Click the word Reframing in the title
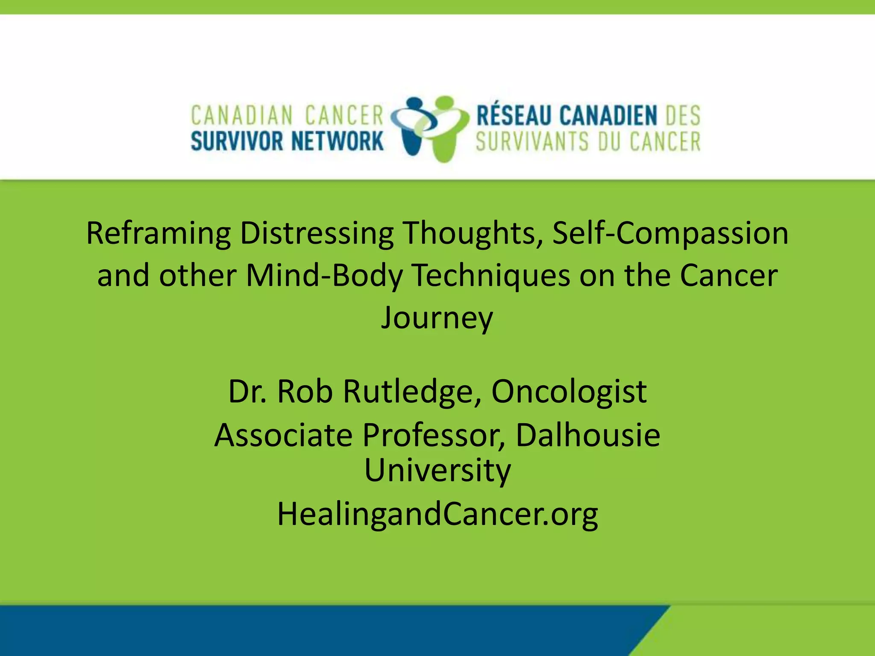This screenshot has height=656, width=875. point(158,234)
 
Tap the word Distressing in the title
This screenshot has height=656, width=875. point(317,234)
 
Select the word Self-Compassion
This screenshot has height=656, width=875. point(670,234)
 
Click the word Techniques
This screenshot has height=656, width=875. point(491,275)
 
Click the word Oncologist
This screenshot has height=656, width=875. point(569,392)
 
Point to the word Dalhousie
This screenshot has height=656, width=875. point(588,435)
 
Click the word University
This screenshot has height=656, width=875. point(437,470)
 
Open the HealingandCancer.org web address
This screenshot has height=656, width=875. point(437,514)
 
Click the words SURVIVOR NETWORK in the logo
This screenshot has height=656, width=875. point(287,141)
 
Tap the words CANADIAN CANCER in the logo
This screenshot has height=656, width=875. point(287,116)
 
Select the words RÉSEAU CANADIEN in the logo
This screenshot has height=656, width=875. point(567,116)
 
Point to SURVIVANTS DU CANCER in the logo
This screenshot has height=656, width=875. point(588,142)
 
